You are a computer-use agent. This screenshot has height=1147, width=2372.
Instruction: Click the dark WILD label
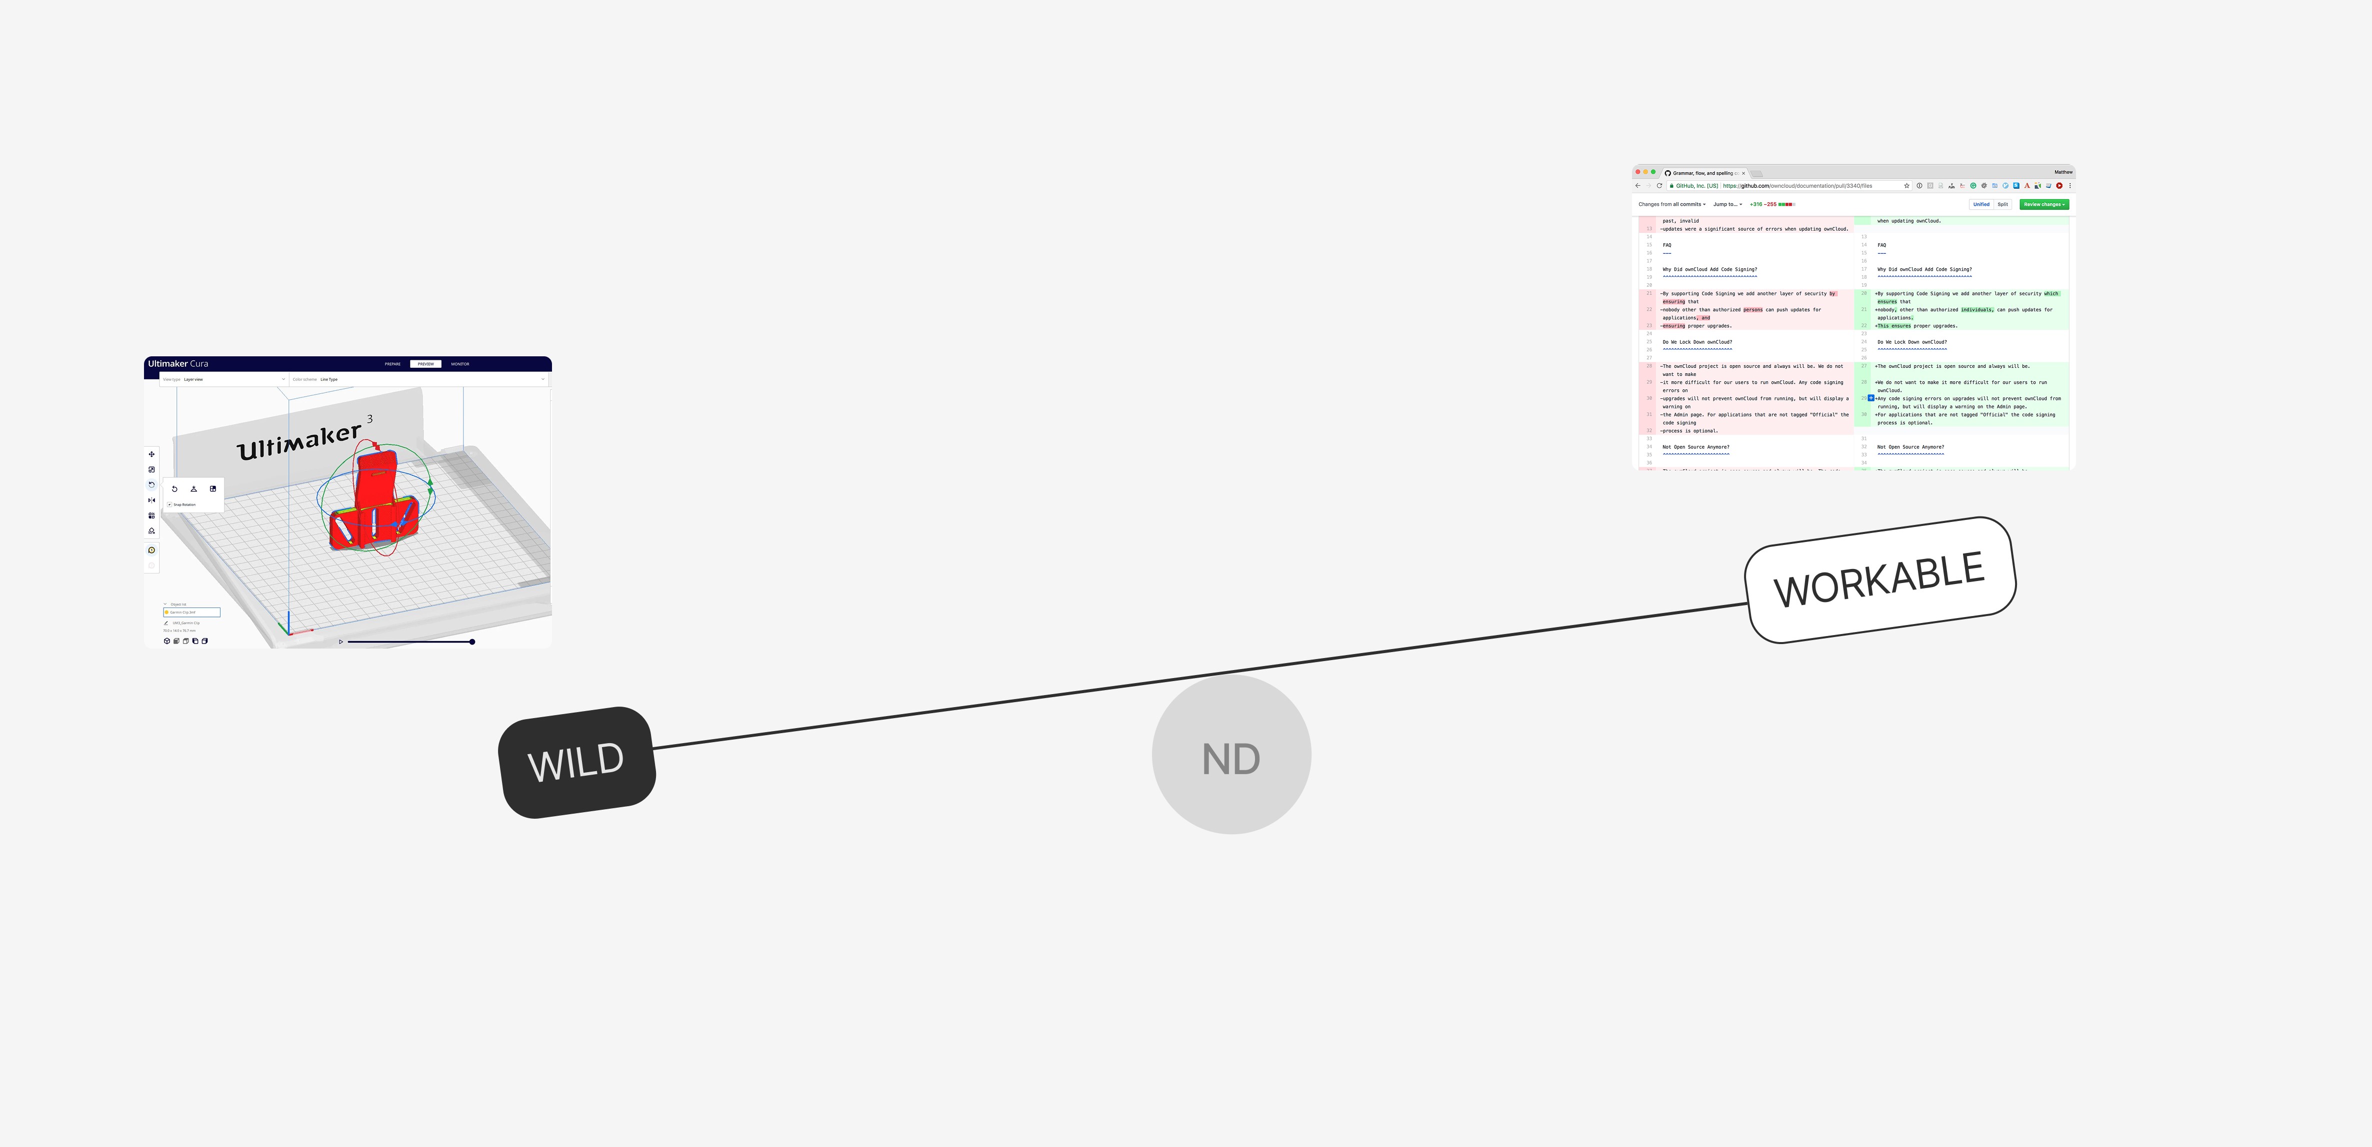tap(576, 762)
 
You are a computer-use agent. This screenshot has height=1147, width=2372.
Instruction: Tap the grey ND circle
tap(1231, 755)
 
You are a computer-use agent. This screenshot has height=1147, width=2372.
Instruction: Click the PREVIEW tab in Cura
tap(425, 364)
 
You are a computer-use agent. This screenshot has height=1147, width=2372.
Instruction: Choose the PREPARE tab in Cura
tap(392, 364)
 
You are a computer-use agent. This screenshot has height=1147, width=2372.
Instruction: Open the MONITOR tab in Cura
tap(459, 364)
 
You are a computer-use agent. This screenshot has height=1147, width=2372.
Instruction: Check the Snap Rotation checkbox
tap(169, 505)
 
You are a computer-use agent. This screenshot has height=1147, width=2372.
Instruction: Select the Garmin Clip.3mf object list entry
tap(191, 612)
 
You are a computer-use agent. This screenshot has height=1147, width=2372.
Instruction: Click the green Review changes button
tap(2043, 205)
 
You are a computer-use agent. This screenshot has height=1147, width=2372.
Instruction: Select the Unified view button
tap(1980, 205)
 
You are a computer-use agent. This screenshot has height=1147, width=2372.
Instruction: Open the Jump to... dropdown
tap(1726, 205)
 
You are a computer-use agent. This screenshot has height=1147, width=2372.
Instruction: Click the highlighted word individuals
tap(1977, 310)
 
